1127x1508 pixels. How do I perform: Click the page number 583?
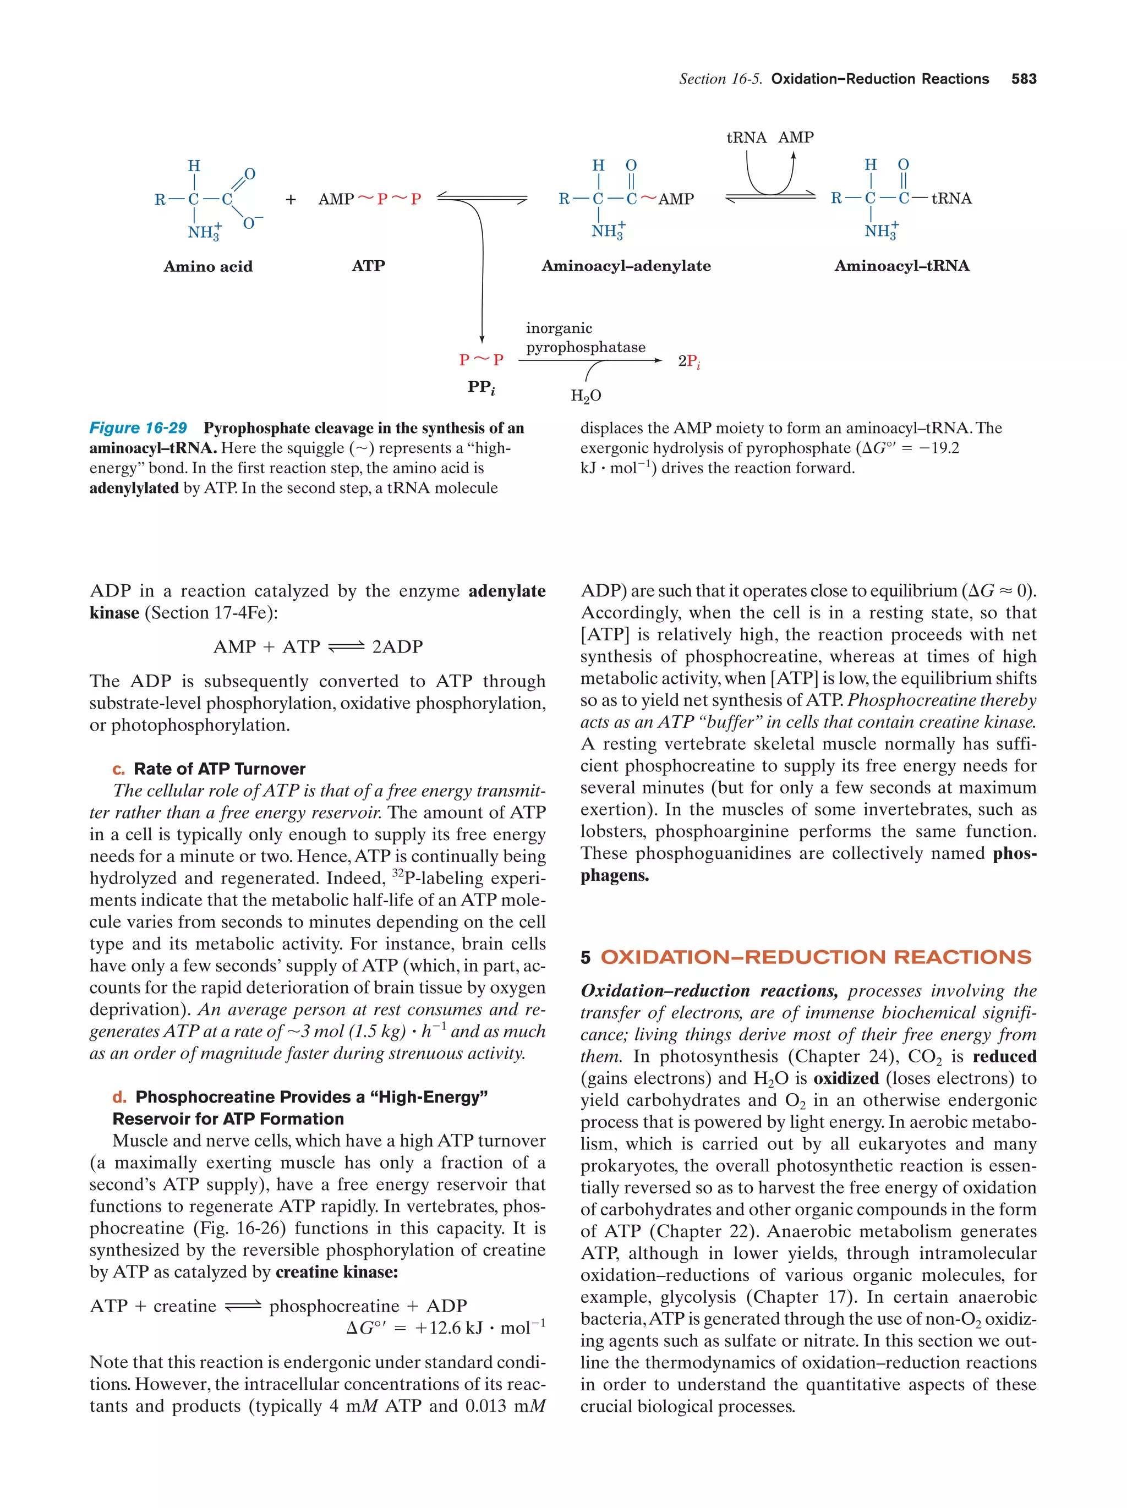(x=1024, y=79)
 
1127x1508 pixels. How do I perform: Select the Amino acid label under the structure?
(x=208, y=267)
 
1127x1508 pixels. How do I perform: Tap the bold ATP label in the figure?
(x=368, y=266)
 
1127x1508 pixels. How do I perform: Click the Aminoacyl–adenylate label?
(x=625, y=266)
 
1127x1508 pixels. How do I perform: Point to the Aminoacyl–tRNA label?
(x=901, y=266)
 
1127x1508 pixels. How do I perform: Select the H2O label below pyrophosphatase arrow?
(x=586, y=396)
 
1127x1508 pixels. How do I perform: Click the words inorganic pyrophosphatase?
(x=585, y=338)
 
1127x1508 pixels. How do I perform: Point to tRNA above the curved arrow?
(x=746, y=138)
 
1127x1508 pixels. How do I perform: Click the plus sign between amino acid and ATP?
(x=291, y=200)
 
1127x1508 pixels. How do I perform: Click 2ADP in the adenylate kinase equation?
(x=397, y=646)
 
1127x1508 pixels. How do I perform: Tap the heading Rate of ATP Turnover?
(x=219, y=769)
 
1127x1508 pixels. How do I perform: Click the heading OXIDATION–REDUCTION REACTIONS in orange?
(x=816, y=957)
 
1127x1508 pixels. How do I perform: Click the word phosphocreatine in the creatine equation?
(x=334, y=1306)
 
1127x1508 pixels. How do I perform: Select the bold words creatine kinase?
(x=337, y=1272)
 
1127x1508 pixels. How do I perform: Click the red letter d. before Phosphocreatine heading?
(x=119, y=1097)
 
